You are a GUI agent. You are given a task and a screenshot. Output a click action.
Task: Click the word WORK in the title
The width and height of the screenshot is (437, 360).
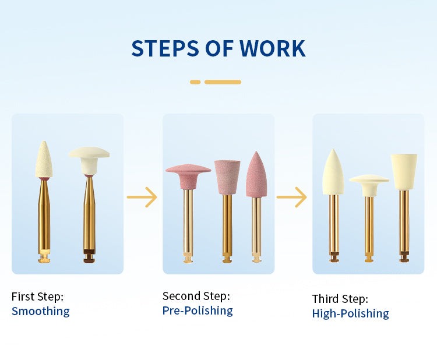coord(272,48)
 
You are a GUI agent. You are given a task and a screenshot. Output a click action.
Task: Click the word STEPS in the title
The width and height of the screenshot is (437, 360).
coord(165,48)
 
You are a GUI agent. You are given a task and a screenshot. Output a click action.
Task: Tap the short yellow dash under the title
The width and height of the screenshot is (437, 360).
coord(195,82)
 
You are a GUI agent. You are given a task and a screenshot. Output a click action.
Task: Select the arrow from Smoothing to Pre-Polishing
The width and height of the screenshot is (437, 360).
coord(142,197)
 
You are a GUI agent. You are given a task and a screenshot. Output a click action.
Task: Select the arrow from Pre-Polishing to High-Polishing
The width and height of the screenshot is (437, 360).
coord(292,197)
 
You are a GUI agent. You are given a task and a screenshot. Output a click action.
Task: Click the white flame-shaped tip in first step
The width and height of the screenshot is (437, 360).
coord(44,159)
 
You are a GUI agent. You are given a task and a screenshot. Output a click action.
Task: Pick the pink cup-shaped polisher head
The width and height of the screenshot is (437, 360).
coord(227,177)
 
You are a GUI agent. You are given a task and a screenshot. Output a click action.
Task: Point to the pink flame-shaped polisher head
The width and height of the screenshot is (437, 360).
coord(256,174)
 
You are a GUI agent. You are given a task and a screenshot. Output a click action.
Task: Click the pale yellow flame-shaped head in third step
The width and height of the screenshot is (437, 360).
coord(333,172)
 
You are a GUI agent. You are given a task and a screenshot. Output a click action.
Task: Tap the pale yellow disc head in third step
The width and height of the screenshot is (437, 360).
coord(369,185)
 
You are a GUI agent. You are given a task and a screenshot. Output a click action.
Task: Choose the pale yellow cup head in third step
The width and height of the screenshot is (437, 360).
coord(404,172)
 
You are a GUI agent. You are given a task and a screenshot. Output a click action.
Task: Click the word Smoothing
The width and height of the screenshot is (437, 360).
coord(41,311)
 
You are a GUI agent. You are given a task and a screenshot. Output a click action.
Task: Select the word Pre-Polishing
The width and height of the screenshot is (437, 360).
coord(198,310)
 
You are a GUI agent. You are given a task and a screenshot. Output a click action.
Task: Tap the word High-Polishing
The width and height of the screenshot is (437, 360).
coord(350,313)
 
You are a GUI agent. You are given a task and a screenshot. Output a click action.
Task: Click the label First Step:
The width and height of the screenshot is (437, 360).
coord(38,297)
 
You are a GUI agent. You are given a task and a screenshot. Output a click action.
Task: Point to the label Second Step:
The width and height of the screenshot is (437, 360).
coord(196,296)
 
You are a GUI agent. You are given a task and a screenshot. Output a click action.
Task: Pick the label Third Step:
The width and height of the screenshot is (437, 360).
coord(340,299)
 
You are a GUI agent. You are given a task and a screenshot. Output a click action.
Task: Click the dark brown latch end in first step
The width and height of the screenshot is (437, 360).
coord(89,256)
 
